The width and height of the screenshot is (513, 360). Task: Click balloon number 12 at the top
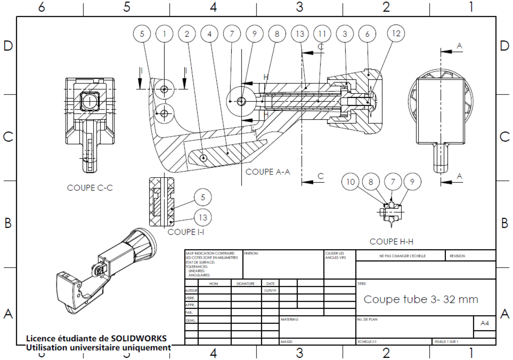tap(396, 33)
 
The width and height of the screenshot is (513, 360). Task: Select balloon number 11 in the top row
tap(321, 33)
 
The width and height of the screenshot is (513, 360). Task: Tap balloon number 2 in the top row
tap(187, 33)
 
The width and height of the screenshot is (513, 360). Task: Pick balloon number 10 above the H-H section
tap(351, 182)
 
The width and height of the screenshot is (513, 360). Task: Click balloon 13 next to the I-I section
tap(203, 218)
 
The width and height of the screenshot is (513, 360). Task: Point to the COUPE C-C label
tap(90, 188)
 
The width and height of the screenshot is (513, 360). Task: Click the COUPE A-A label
tap(268, 172)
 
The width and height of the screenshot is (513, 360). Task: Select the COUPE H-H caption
tap(391, 242)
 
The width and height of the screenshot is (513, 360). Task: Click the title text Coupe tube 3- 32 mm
tap(421, 299)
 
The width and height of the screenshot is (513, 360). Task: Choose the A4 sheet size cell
tap(484, 324)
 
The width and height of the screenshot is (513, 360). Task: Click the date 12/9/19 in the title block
tap(270, 290)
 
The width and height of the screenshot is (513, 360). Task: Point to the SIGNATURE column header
tap(245, 283)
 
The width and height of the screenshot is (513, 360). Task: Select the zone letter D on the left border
tap(8, 46)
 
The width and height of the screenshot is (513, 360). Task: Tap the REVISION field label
tap(457, 256)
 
